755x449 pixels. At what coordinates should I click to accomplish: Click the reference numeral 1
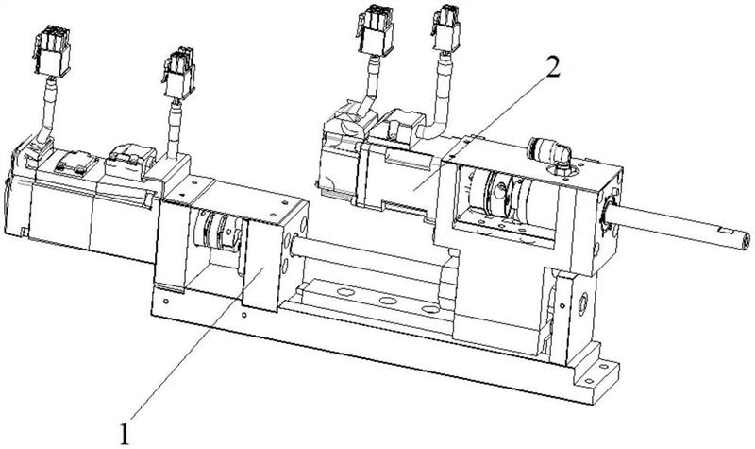tap(126, 433)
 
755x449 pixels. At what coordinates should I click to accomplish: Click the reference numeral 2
tap(553, 67)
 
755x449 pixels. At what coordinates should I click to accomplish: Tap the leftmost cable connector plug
tap(53, 52)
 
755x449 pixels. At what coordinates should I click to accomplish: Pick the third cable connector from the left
tap(376, 30)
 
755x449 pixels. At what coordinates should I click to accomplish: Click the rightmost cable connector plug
tap(445, 29)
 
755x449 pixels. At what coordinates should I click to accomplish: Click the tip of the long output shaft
tap(746, 240)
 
